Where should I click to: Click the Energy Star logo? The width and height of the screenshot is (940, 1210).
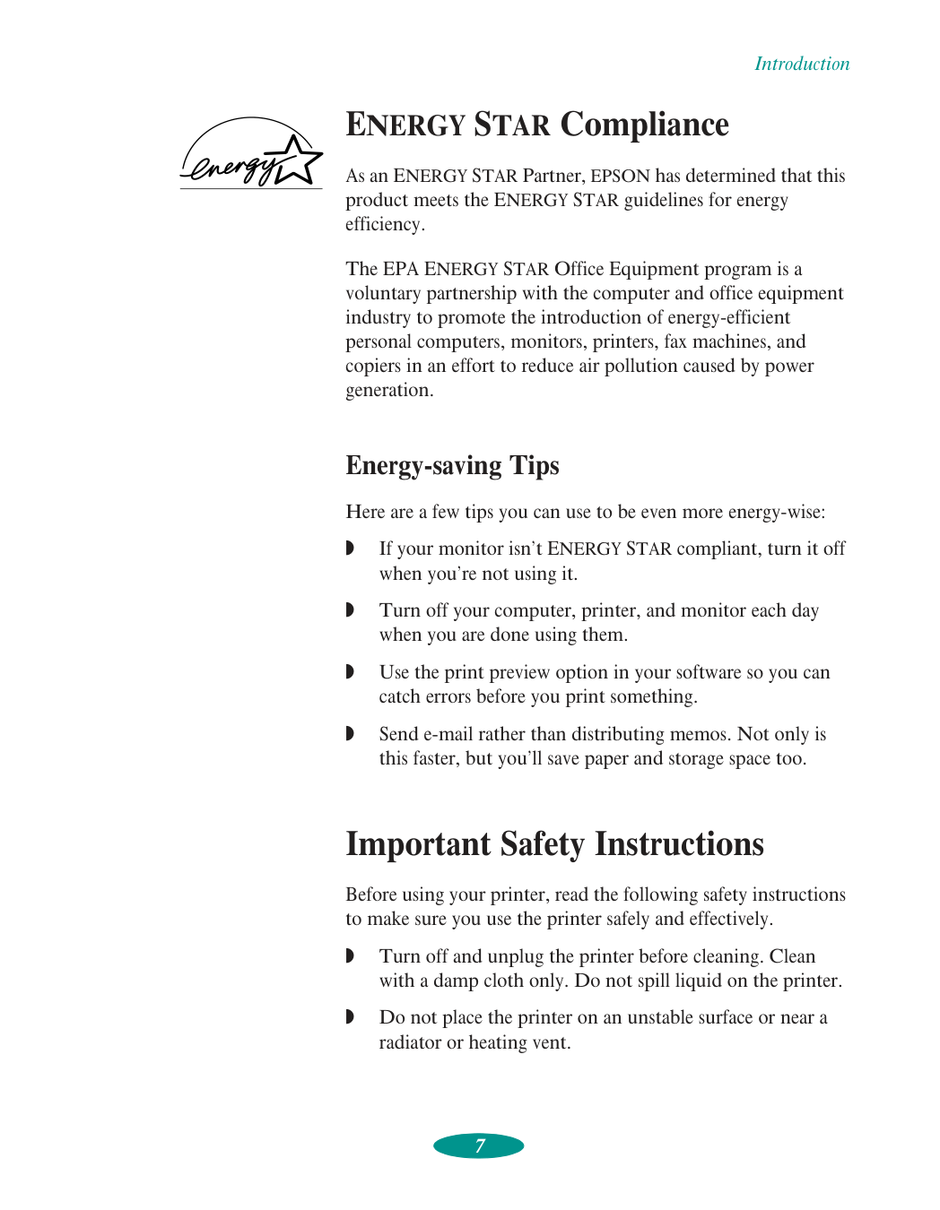point(250,154)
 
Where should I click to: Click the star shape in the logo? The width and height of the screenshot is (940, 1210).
point(299,160)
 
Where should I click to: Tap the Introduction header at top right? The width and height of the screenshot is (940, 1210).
point(801,64)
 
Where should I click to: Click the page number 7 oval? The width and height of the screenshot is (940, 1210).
point(479,1145)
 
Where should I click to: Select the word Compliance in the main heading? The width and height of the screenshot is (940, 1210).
point(645,125)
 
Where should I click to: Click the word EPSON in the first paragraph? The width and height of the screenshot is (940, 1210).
point(620,176)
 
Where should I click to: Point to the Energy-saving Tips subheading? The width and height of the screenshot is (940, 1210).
point(452,465)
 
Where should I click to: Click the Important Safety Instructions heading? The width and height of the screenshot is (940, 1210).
point(554,844)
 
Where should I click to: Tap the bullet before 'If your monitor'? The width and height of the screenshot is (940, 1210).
point(350,548)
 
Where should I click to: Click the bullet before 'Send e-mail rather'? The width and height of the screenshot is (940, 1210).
point(350,733)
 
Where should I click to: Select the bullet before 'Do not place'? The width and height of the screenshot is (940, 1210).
point(350,1016)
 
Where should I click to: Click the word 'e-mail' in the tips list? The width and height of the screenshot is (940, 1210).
point(448,734)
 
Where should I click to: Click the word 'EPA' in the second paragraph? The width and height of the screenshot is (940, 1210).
point(401,269)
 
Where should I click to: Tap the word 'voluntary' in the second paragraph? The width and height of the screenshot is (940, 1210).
point(383,293)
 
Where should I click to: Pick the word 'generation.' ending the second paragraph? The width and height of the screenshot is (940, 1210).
point(389,390)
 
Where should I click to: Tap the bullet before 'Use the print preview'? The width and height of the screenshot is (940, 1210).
point(350,671)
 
